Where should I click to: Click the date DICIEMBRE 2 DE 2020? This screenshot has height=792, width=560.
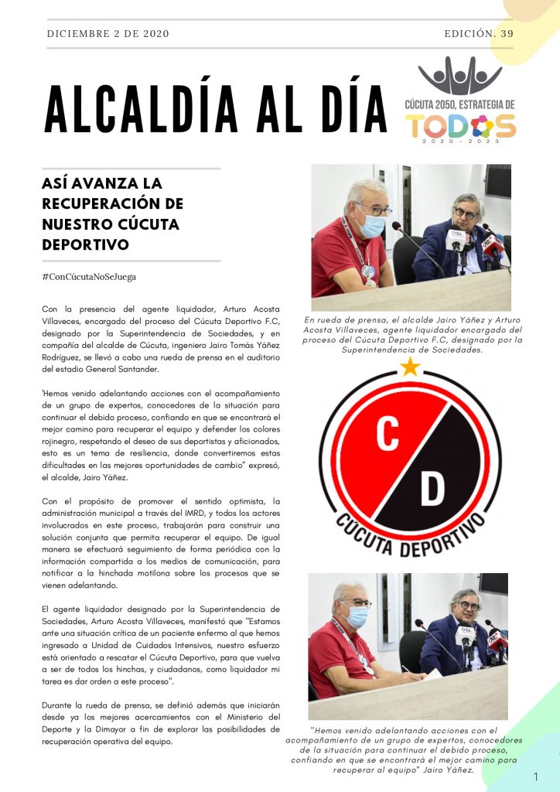click(x=108, y=34)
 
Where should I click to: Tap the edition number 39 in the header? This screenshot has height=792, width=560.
click(x=507, y=34)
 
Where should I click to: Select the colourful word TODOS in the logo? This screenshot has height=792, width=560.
click(x=459, y=125)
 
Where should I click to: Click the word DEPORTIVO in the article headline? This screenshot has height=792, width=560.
click(x=85, y=244)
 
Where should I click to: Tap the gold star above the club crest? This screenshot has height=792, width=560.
click(x=410, y=367)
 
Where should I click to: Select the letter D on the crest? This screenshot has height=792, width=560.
click(x=433, y=487)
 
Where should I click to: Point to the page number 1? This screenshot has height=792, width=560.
click(x=536, y=776)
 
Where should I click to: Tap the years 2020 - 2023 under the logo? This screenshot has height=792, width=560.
click(x=460, y=142)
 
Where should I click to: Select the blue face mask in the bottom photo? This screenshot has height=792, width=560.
click(x=357, y=616)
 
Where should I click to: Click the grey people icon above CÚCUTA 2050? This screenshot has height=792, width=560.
click(x=459, y=77)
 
